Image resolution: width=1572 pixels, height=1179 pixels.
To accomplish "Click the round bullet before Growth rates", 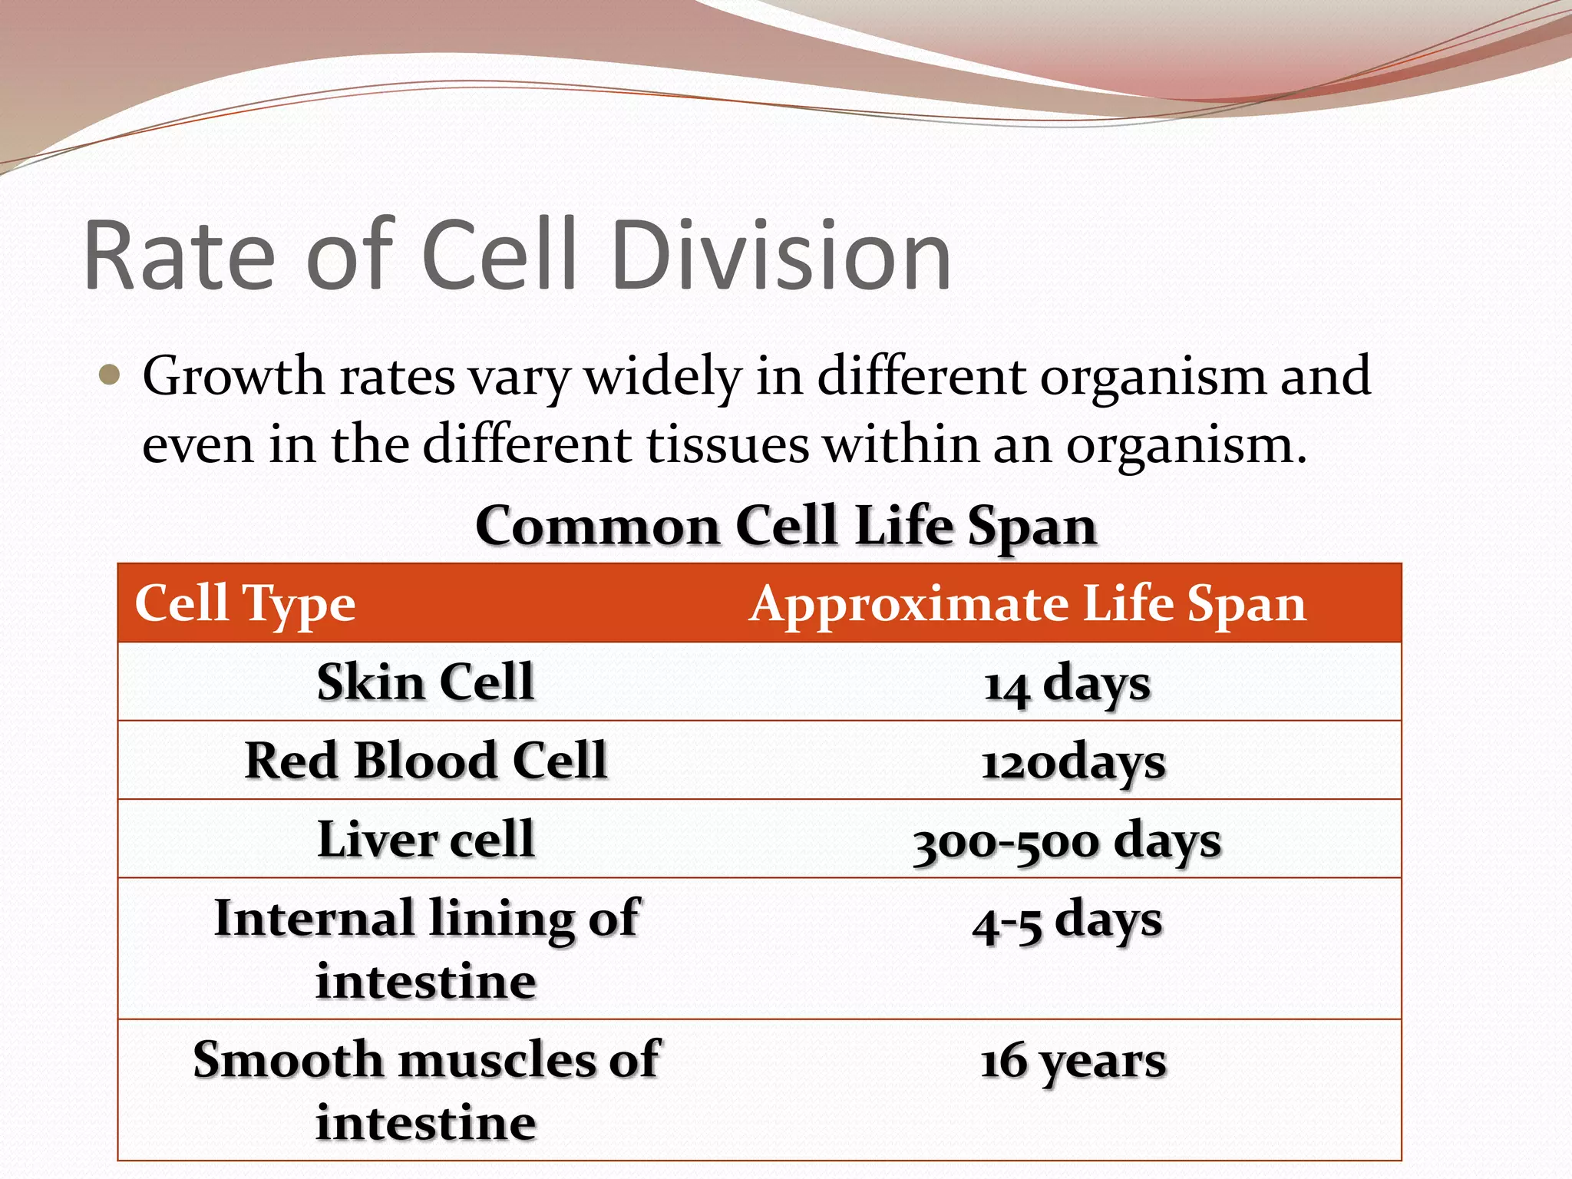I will pyautogui.click(x=111, y=375).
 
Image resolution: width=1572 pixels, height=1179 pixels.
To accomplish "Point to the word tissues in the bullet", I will pyautogui.click(x=728, y=444).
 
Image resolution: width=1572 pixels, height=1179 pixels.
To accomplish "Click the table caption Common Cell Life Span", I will pyautogui.click(x=786, y=527).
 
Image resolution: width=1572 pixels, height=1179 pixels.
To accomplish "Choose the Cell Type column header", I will pyautogui.click(x=245, y=603).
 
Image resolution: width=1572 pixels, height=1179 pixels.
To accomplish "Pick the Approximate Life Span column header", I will pyautogui.click(x=1027, y=603).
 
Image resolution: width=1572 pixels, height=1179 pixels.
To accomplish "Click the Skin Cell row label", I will pyautogui.click(x=425, y=682).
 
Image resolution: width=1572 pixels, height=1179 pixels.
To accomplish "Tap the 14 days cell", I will pyautogui.click(x=1067, y=684).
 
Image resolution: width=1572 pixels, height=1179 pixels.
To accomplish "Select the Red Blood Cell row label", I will pyautogui.click(x=425, y=761).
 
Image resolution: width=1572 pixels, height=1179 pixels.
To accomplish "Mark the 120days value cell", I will pyautogui.click(x=1072, y=763).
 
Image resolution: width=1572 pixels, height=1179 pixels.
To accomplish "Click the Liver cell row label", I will pyautogui.click(x=425, y=838).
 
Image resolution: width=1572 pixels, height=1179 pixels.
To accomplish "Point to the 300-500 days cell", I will pyautogui.click(x=1067, y=842).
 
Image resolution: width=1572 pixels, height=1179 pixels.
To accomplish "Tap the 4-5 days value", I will pyautogui.click(x=1067, y=921).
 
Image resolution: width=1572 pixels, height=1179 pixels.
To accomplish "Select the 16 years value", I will pyautogui.click(x=1072, y=1062).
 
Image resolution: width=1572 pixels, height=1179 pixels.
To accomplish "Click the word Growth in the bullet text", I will pyautogui.click(x=233, y=377).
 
